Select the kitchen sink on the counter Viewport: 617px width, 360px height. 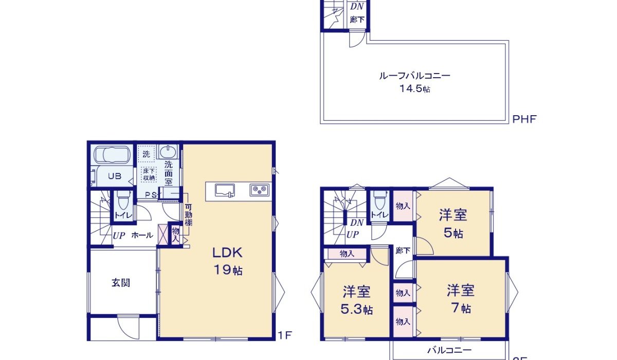pyautogui.click(x=225, y=190)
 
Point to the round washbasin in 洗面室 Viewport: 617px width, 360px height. pyautogui.click(x=168, y=152)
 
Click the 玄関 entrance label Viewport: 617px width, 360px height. pyautogui.click(x=121, y=283)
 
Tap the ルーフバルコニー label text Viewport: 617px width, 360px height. pyautogui.click(x=414, y=76)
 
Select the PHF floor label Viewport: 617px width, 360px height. pyautogui.click(x=524, y=119)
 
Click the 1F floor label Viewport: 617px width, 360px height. pyautogui.click(x=285, y=335)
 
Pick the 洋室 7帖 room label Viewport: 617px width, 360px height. pyautogui.click(x=460, y=298)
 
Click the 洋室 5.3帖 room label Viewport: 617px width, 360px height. pyautogui.click(x=357, y=300)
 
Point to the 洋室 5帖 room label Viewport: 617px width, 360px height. pyautogui.click(x=452, y=224)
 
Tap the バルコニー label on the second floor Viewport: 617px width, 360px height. pyautogui.click(x=449, y=350)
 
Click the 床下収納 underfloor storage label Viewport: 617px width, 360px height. pyautogui.click(x=149, y=173)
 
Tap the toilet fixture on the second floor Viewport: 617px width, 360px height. pyautogui.click(x=380, y=199)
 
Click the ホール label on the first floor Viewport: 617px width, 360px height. pyautogui.click(x=142, y=236)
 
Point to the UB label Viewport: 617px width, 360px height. pyautogui.click(x=114, y=176)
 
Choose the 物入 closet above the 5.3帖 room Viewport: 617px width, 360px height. pyautogui.click(x=347, y=253)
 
